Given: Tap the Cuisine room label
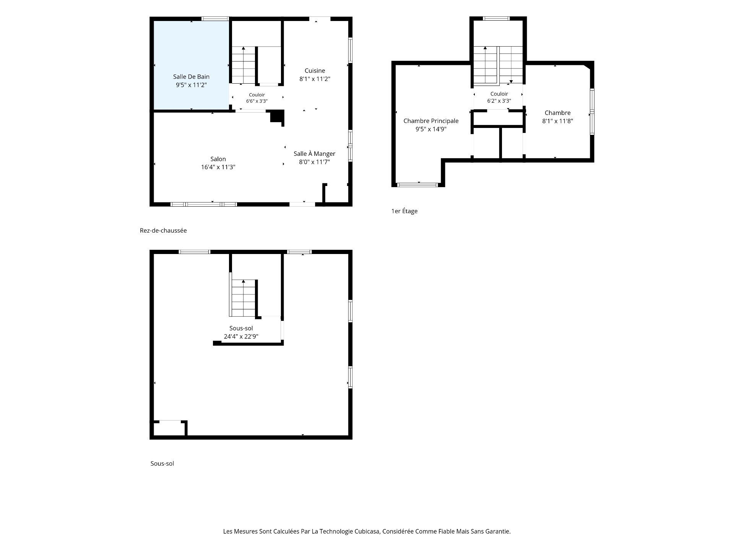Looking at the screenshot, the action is tap(315, 71).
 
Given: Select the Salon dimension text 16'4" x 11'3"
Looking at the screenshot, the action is tap(218, 167).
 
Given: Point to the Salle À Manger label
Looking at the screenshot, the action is tap(314, 154).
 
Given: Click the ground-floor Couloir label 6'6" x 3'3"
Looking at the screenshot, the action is tap(257, 98).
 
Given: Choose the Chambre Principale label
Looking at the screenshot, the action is tap(431, 121).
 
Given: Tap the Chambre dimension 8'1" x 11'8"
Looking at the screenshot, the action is tap(557, 121).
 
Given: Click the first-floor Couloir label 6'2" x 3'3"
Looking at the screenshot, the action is tap(499, 97).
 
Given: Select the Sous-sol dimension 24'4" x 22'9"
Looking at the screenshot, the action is tap(241, 336).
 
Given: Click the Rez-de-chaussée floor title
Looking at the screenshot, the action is tap(163, 231).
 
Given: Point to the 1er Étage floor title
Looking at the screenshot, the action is tap(404, 211).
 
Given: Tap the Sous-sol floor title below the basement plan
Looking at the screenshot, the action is tap(162, 464).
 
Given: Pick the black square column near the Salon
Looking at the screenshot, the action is tap(277, 116).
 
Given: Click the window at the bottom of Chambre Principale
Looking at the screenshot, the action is tap(417, 185).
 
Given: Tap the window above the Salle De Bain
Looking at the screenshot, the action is tap(215, 18).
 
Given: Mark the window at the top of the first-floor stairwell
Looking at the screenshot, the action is tap(496, 18).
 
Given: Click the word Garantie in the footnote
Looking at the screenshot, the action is tap(498, 531).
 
